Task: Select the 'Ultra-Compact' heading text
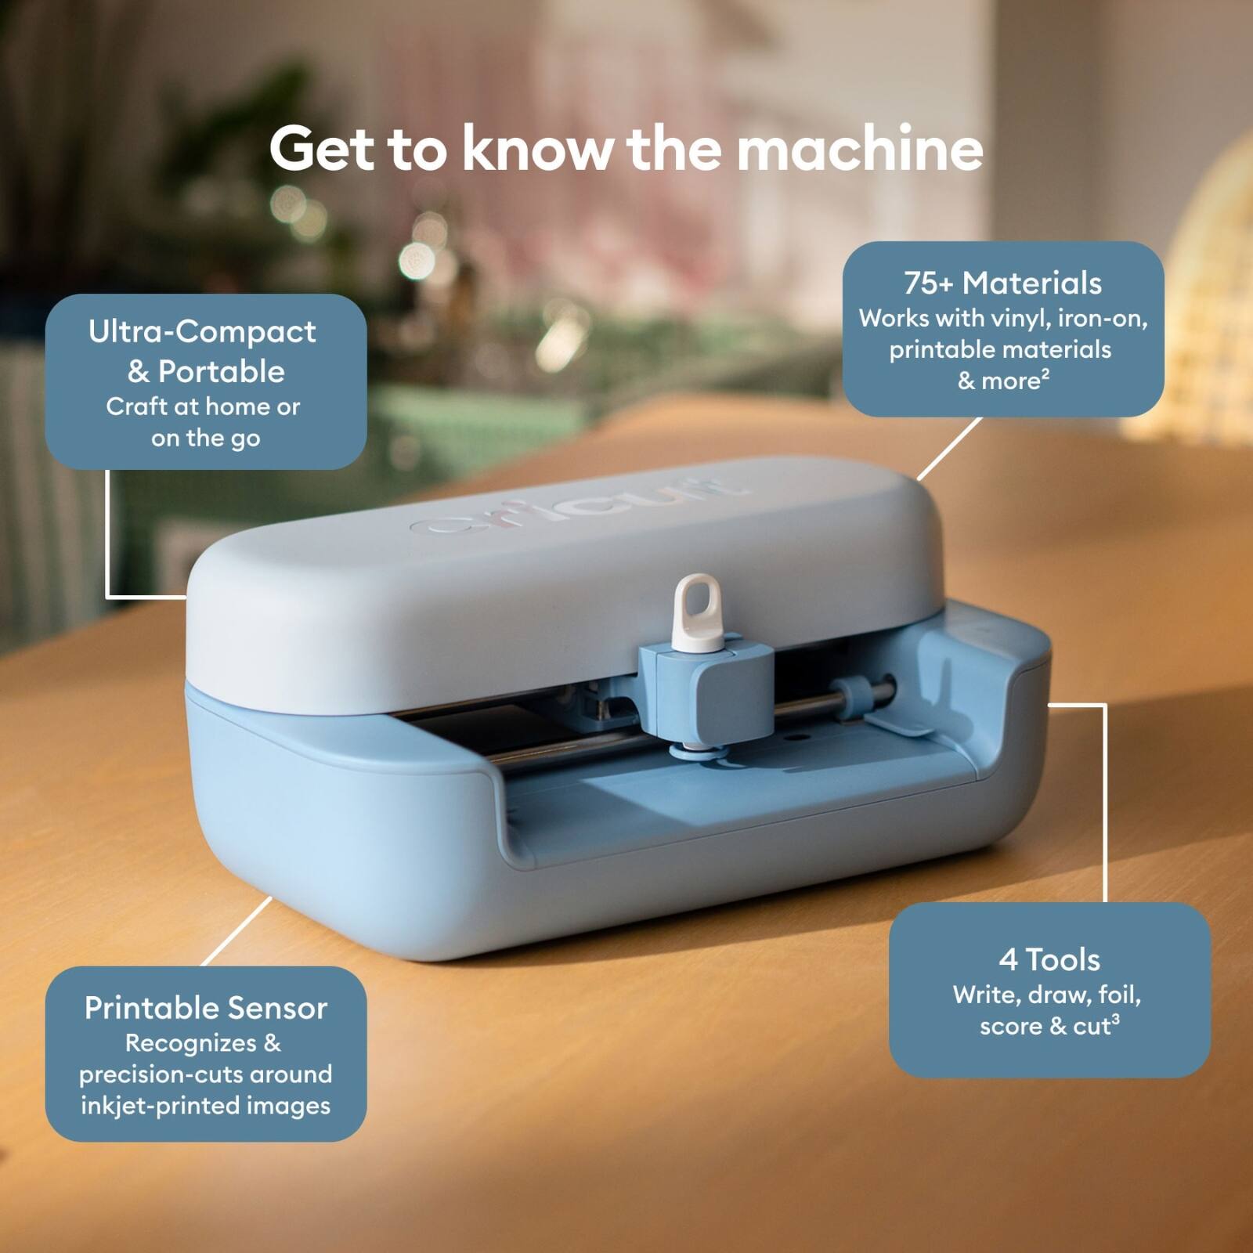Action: point(202,332)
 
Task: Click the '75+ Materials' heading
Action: point(1002,283)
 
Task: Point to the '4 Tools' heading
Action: point(1049,959)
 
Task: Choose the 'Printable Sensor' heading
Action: point(205,1008)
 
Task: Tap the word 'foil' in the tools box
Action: point(1119,995)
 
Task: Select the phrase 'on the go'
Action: point(205,439)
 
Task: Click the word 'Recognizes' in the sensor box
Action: point(191,1043)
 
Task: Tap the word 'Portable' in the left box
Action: point(222,372)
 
